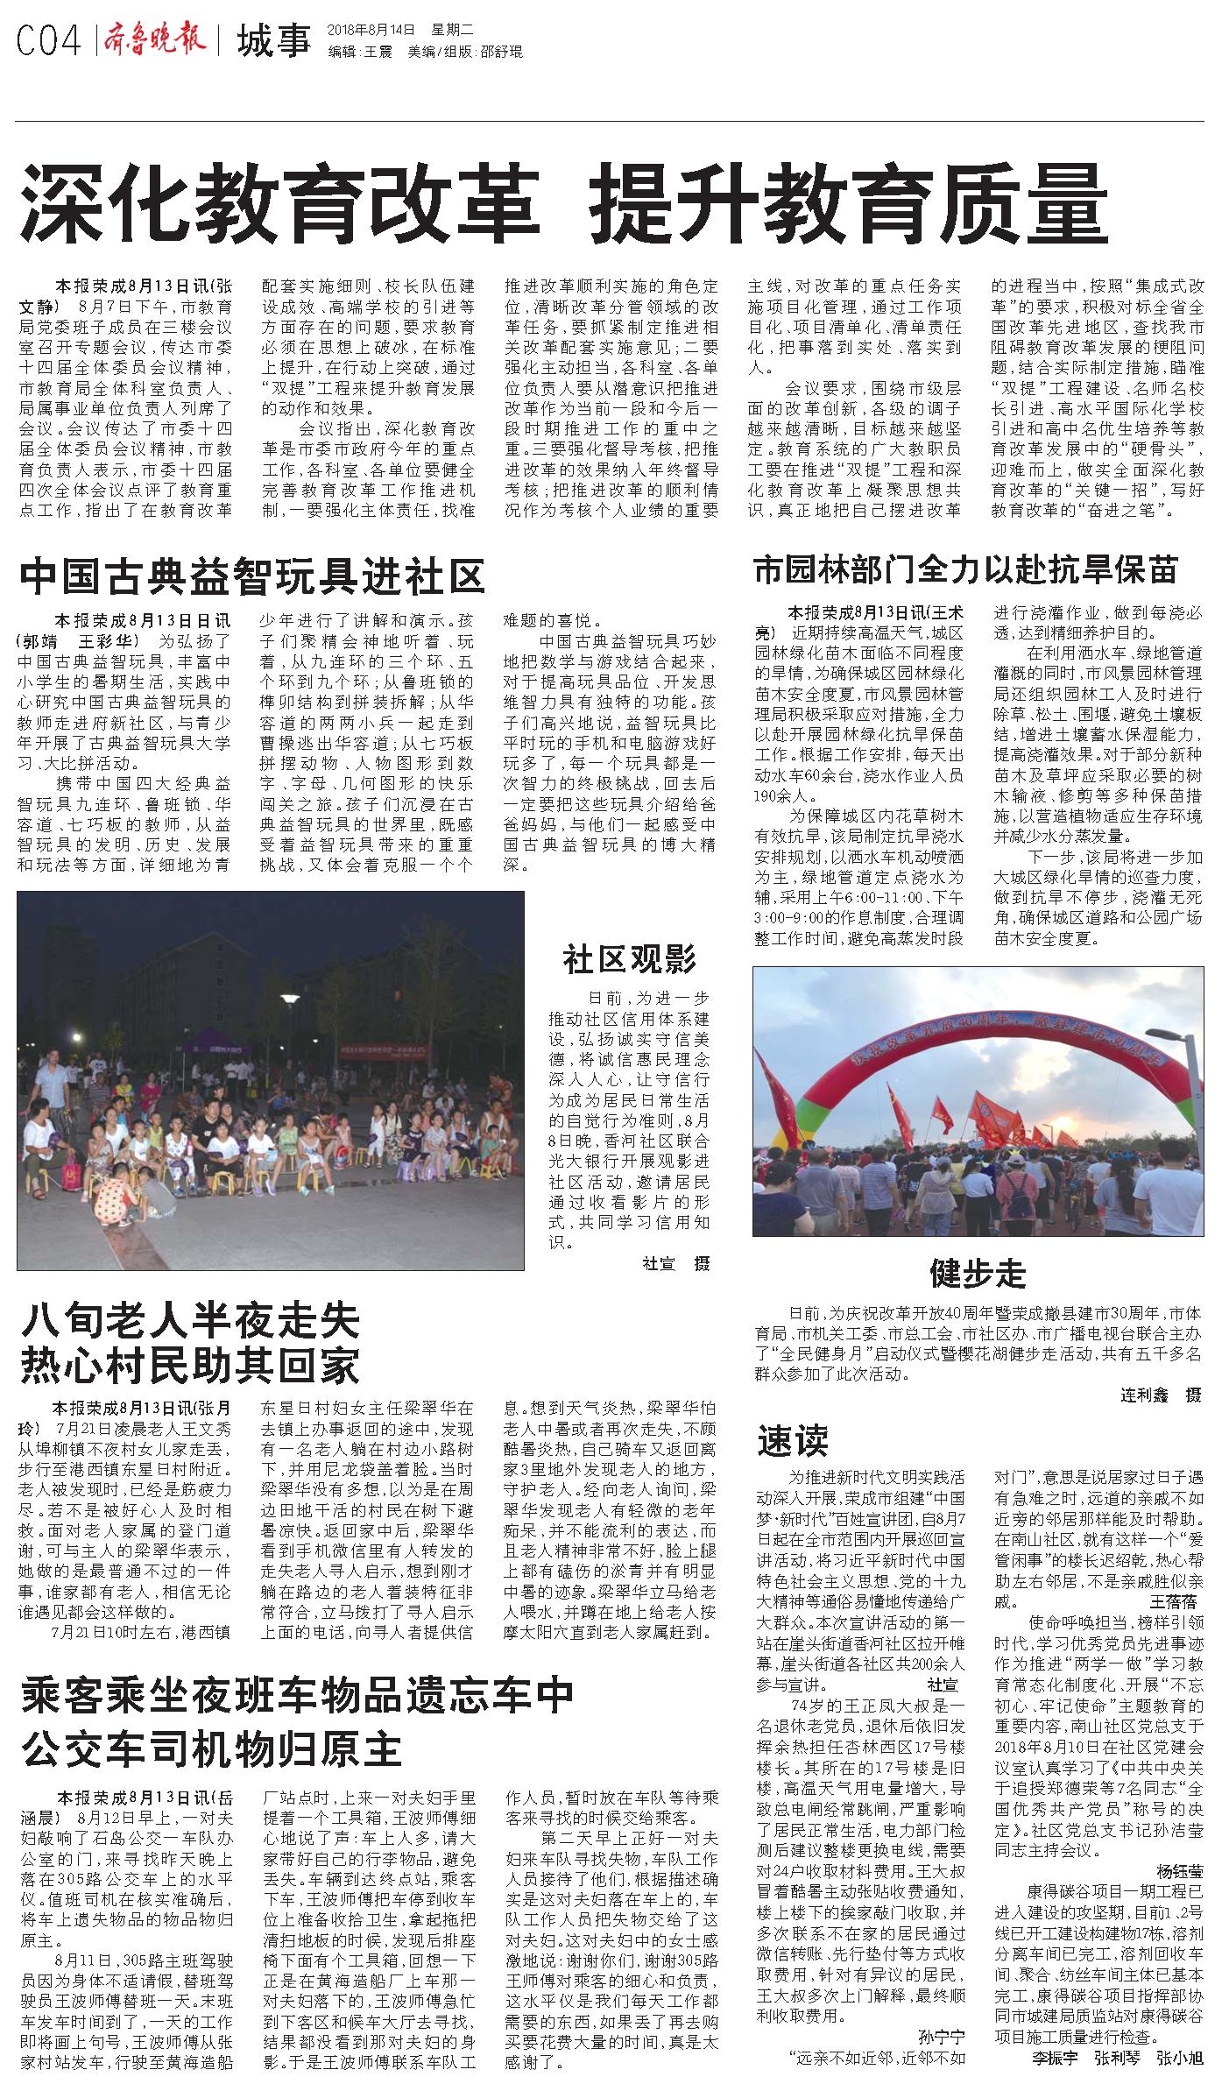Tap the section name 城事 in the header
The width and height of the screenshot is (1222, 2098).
(x=273, y=40)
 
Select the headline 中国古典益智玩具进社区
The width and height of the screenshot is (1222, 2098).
(x=253, y=577)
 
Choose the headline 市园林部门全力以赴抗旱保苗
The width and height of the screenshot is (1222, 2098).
(x=965, y=570)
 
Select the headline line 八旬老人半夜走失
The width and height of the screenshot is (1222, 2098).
(x=191, y=1319)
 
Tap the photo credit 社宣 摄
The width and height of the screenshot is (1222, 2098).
(x=676, y=1263)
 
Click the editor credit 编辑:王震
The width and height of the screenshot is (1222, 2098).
(x=360, y=52)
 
